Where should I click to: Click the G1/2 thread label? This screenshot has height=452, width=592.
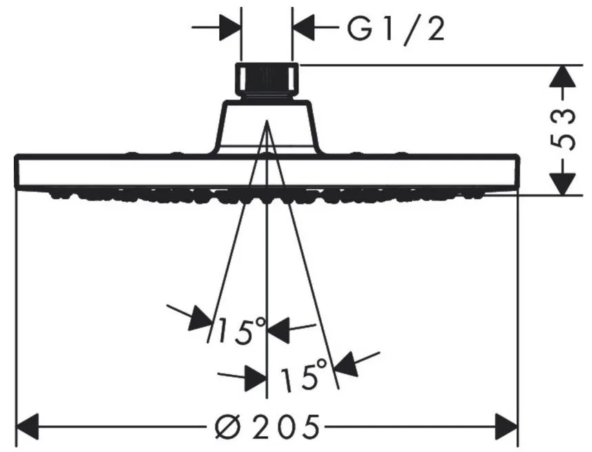(x=396, y=29)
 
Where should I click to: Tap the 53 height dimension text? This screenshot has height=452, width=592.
(x=563, y=130)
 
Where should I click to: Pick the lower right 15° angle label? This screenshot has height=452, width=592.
(x=305, y=374)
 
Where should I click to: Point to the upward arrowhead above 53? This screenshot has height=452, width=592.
(x=563, y=76)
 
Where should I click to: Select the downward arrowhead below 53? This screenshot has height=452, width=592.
(x=563, y=184)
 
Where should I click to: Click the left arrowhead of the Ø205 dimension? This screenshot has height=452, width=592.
(x=27, y=427)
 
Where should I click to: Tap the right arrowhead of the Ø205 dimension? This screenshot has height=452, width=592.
(x=507, y=427)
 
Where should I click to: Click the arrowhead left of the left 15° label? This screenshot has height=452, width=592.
(x=199, y=319)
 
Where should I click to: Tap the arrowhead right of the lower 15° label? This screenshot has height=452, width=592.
(x=347, y=364)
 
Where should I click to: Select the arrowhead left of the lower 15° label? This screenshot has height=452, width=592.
(x=256, y=378)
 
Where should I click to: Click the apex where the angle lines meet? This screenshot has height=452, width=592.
(x=267, y=121)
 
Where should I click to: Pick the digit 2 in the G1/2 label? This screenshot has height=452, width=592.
(x=435, y=29)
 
